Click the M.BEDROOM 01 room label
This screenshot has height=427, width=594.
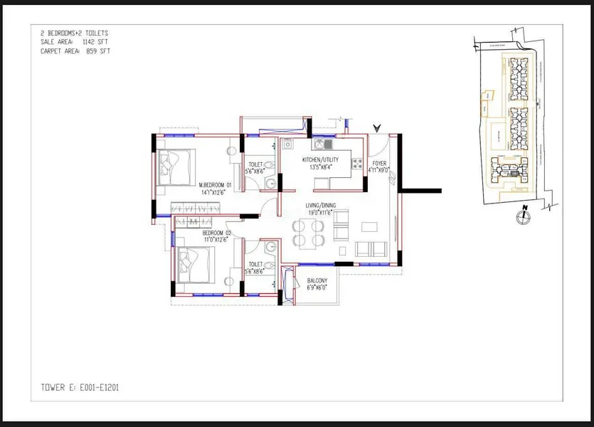(x=216, y=184)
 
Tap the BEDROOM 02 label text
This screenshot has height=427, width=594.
(x=218, y=233)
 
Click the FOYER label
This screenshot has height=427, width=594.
(x=378, y=163)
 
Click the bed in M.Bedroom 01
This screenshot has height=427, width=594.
(x=176, y=165)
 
